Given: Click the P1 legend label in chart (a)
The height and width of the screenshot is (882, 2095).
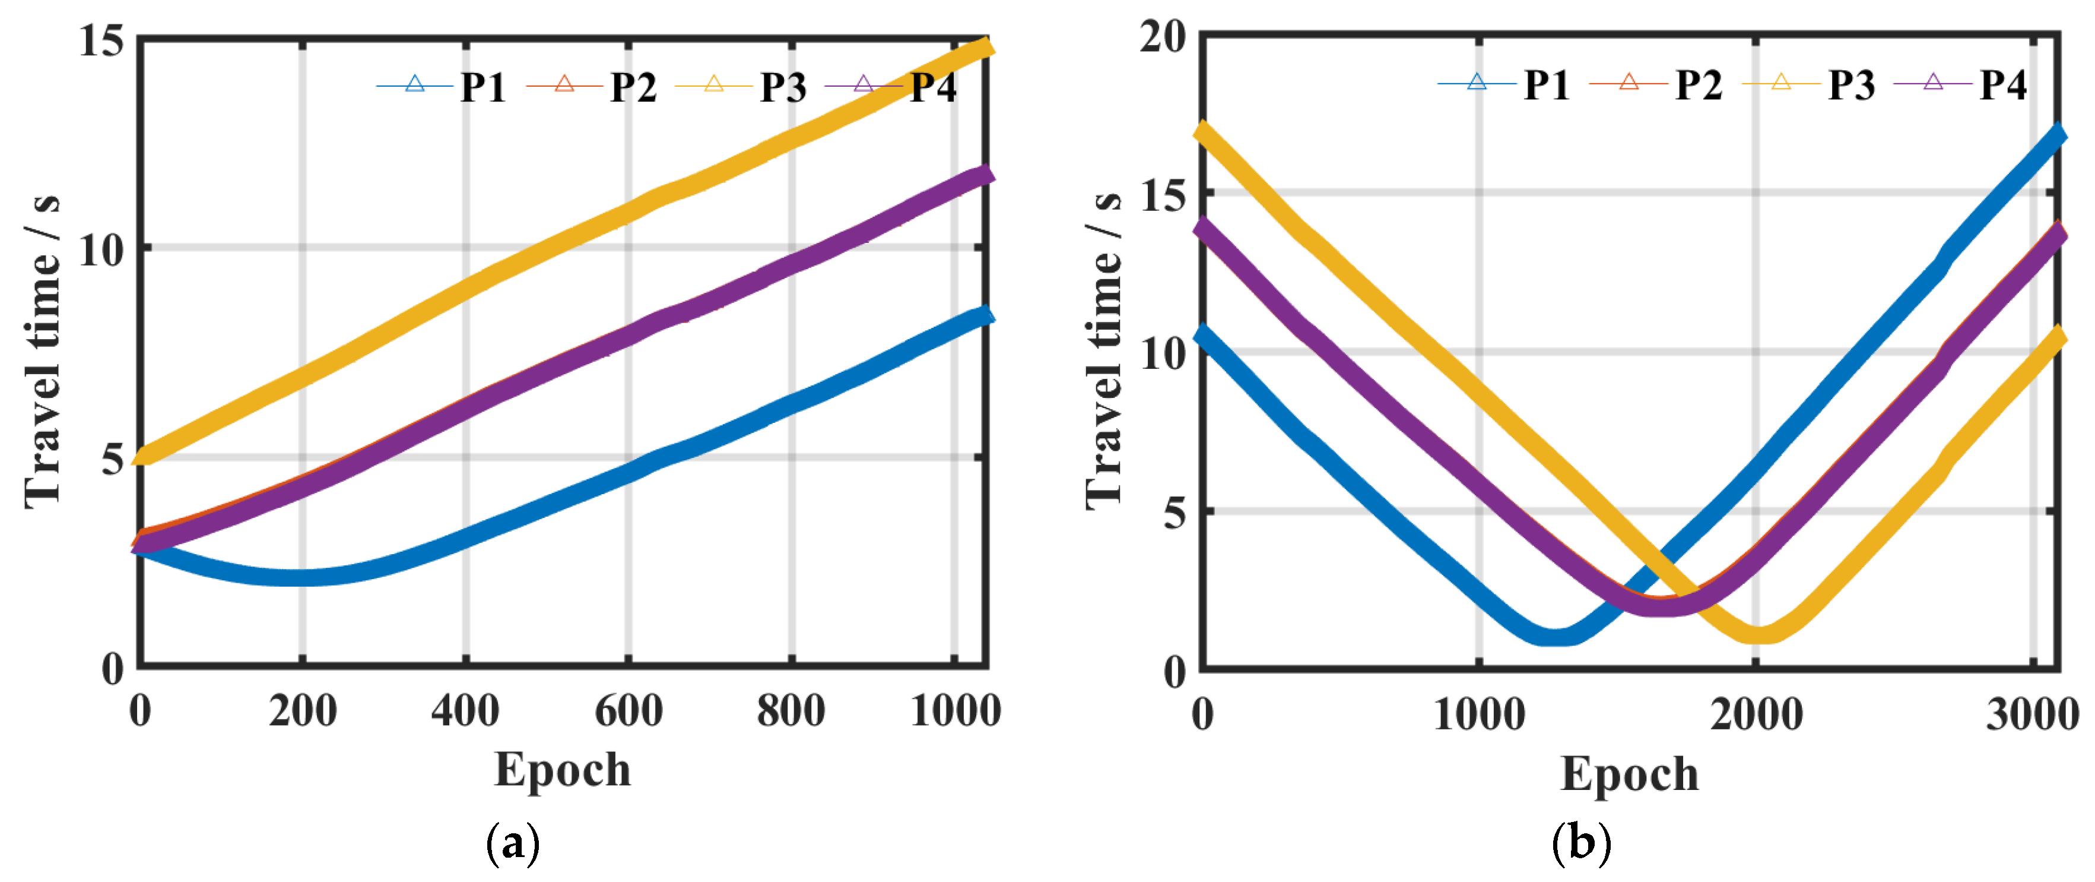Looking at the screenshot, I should click(x=483, y=87).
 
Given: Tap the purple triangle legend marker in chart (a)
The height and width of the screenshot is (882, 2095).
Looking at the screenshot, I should click(x=864, y=84).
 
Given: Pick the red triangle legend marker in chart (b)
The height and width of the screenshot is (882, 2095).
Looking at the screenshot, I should click(x=1628, y=82).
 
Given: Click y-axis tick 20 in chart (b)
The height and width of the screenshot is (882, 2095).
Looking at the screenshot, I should click(x=1163, y=37).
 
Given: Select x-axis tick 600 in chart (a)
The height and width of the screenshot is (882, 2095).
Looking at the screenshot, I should click(x=628, y=710).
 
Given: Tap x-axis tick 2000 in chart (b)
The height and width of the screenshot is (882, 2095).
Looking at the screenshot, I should click(x=1756, y=715).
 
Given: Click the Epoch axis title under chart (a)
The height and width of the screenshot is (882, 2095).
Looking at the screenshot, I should click(x=562, y=770).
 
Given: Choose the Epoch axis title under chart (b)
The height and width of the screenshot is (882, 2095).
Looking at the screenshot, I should click(x=1629, y=774).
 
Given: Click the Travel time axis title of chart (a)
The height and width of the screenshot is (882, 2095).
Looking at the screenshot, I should click(x=42, y=352).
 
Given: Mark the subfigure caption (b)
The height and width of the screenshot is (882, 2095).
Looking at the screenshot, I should click(x=1581, y=842).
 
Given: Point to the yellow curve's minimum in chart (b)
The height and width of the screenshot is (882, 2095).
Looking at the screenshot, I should click(x=1759, y=634).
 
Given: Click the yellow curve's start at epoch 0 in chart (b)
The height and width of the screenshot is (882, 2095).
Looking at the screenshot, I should click(x=1204, y=130).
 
